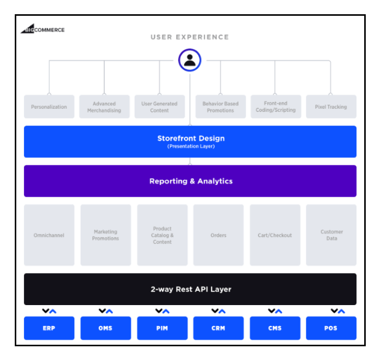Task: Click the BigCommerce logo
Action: pos(43,29)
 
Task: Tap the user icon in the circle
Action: pos(190,61)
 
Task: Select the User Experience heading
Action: pos(190,37)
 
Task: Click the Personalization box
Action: pos(49,107)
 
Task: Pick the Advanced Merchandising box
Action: pos(104,107)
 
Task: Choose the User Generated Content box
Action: pos(159,107)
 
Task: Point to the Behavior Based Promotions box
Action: pos(220,107)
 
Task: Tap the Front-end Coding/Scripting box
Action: pos(275,107)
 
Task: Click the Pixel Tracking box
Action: pos(331,107)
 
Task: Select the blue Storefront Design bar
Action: pos(190,141)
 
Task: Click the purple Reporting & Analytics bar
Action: pos(190,181)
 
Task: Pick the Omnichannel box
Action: pos(49,235)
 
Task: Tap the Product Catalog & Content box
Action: pos(162,235)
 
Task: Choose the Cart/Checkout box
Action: pos(275,235)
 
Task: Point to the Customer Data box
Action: pos(331,235)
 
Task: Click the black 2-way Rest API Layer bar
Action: pos(190,289)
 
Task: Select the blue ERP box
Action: pos(49,328)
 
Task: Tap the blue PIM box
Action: pos(162,328)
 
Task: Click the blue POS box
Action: pos(331,328)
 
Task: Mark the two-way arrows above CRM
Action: pos(218,311)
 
